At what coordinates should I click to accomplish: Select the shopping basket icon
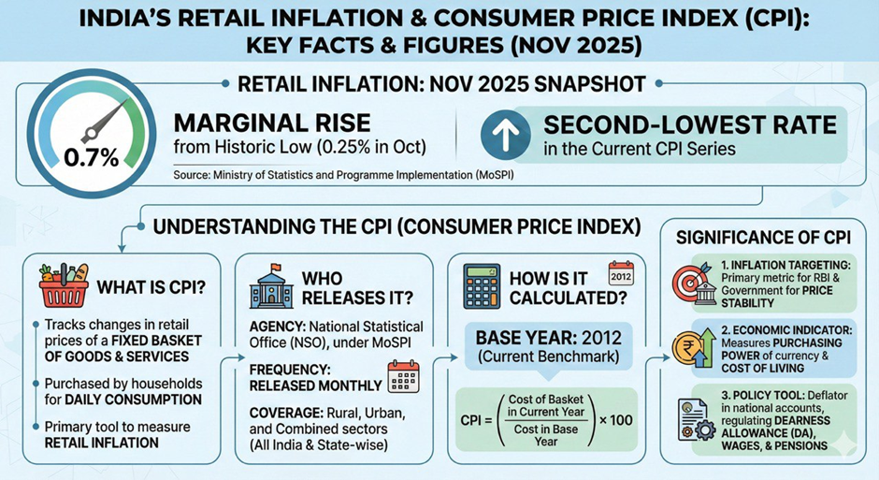pyautogui.click(x=62, y=283)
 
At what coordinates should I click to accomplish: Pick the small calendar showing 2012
pyautogui.click(x=621, y=272)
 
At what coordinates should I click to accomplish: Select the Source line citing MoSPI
pyautogui.click(x=335, y=175)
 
